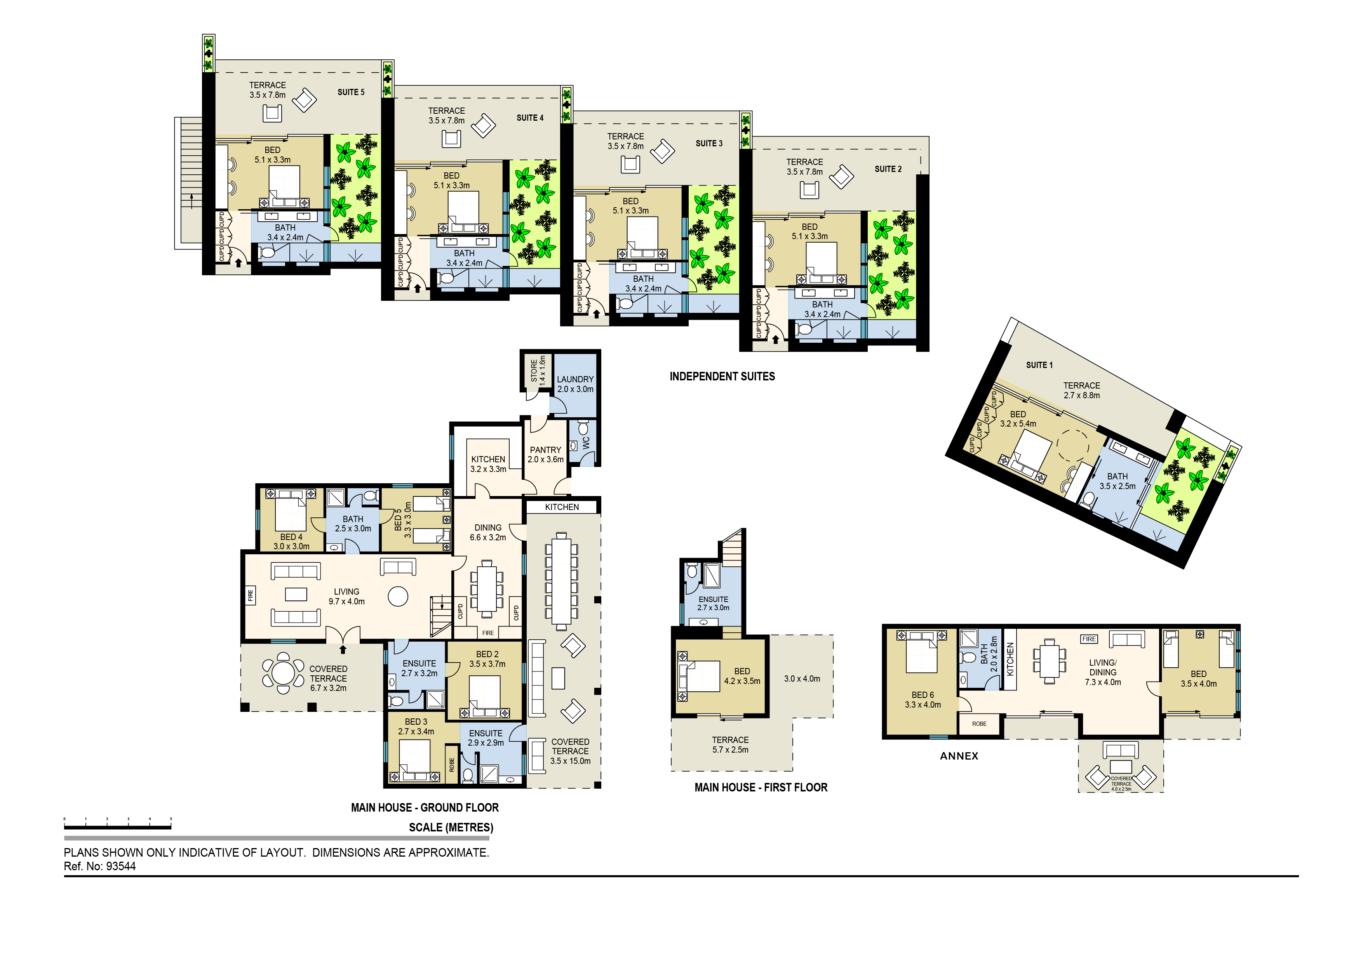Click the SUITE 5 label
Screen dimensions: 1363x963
(x=351, y=92)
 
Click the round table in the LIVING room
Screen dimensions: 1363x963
(x=398, y=596)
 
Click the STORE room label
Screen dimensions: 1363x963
(x=534, y=370)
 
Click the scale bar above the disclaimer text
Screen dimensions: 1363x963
(x=118, y=826)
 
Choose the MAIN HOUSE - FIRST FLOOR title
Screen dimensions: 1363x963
(x=761, y=788)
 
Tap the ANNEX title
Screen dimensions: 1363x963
(x=959, y=756)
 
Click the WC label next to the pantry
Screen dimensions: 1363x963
(x=586, y=442)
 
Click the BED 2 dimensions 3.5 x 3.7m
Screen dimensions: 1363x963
(x=487, y=664)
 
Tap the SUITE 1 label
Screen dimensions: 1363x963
(x=1039, y=365)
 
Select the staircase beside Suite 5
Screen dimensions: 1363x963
(x=189, y=183)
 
